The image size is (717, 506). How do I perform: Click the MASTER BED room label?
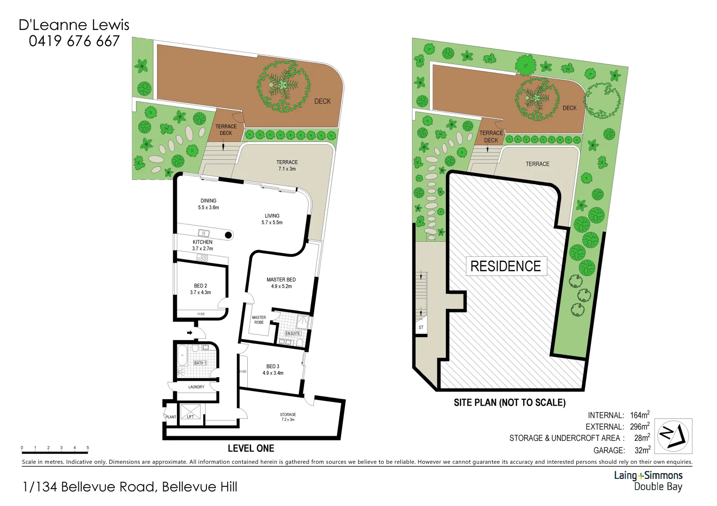click(281, 280)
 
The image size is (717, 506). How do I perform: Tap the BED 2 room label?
click(200, 286)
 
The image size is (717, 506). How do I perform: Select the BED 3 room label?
click(273, 366)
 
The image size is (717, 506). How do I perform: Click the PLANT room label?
click(171, 417)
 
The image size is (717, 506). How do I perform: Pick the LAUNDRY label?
click(196, 387)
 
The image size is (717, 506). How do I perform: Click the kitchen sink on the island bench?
click(204, 233)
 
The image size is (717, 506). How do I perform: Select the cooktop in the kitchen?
click(202, 258)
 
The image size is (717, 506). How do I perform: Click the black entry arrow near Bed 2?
click(190, 333)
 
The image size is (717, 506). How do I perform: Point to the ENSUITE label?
click(293, 334)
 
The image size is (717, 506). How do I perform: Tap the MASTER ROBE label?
click(259, 320)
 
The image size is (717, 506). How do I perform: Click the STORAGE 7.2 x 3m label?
click(288, 417)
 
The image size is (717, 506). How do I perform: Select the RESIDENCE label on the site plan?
click(505, 266)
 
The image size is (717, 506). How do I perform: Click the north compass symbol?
click(673, 435)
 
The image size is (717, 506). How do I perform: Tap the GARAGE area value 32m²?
click(642, 450)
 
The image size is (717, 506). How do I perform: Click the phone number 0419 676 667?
click(74, 41)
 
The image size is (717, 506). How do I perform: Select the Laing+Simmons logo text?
click(648, 476)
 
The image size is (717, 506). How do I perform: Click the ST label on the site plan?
click(421, 327)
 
